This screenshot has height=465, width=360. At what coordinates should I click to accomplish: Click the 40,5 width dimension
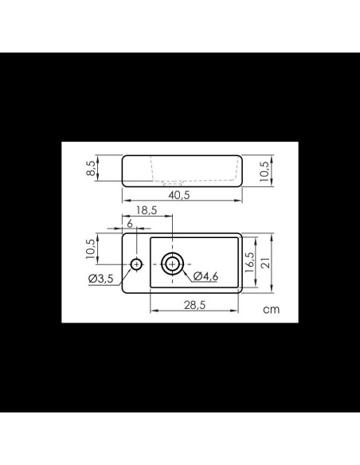(179, 195)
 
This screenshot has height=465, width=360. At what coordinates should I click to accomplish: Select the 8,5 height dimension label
(92, 168)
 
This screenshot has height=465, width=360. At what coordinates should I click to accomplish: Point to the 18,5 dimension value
(147, 210)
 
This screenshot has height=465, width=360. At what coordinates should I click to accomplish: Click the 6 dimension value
(130, 224)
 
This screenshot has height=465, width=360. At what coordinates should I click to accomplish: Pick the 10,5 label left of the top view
(91, 248)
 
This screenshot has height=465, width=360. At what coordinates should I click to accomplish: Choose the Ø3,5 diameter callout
(101, 279)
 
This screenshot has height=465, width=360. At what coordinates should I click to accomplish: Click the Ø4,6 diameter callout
(205, 276)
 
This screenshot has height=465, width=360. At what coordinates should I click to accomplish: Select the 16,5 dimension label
(249, 262)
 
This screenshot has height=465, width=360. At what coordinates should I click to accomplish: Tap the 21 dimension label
(266, 263)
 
